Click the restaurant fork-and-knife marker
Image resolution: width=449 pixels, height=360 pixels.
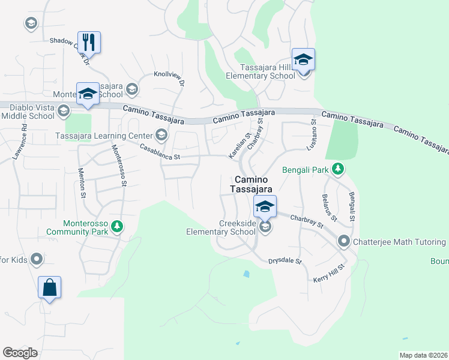[x=89, y=42]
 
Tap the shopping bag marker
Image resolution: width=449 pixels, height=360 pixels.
[x=49, y=287]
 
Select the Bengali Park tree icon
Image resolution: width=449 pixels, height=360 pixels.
[x=338, y=170]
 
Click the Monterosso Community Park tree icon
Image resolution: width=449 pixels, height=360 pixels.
[x=118, y=226]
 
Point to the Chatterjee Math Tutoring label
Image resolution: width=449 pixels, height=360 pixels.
[x=399, y=242]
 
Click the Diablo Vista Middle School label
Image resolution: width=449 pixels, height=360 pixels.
[x=28, y=112]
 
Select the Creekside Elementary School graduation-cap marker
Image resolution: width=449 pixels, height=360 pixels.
[x=265, y=207]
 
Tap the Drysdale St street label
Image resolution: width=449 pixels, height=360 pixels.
[x=285, y=262]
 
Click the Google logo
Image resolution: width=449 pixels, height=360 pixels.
[x=20, y=353]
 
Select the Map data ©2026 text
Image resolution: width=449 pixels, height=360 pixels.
[x=424, y=355]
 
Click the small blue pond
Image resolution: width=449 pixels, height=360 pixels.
[x=246, y=275]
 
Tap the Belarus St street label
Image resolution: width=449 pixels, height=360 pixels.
[x=330, y=207]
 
